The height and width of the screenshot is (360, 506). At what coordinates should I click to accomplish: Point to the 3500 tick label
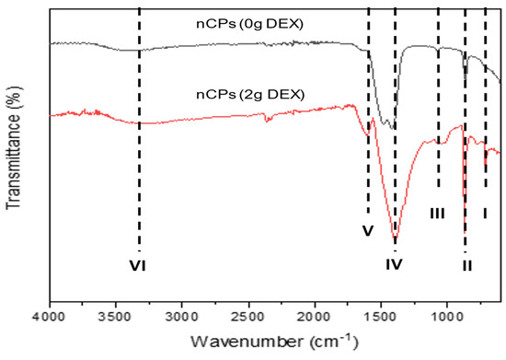[x=116, y=316]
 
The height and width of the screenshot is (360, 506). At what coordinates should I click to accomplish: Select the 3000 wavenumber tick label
[x=182, y=316]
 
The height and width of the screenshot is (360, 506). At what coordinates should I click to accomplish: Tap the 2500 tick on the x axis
[x=248, y=316]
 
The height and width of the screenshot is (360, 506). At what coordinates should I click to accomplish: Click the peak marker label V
[x=366, y=231]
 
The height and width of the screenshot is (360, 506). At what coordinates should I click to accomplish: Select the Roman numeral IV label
[x=395, y=265]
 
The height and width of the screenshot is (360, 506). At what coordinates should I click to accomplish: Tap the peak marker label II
[x=466, y=265]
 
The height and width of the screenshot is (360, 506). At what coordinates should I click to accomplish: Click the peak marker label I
[x=485, y=214]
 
